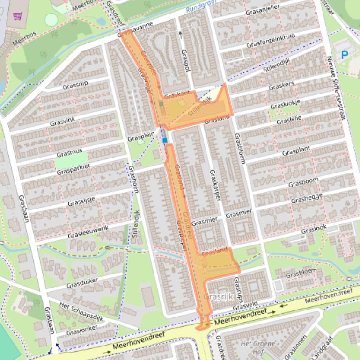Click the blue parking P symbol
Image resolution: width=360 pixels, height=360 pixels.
pos(345,55)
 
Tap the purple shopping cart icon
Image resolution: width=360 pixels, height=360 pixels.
pos(18,16)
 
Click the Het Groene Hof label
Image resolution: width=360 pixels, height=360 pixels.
pos(252,347)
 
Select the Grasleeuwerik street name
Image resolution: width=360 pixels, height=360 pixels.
pos(88,231)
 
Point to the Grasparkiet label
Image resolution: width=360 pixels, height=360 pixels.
pos(73,169)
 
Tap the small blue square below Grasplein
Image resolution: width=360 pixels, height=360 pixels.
pos(165,140)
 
